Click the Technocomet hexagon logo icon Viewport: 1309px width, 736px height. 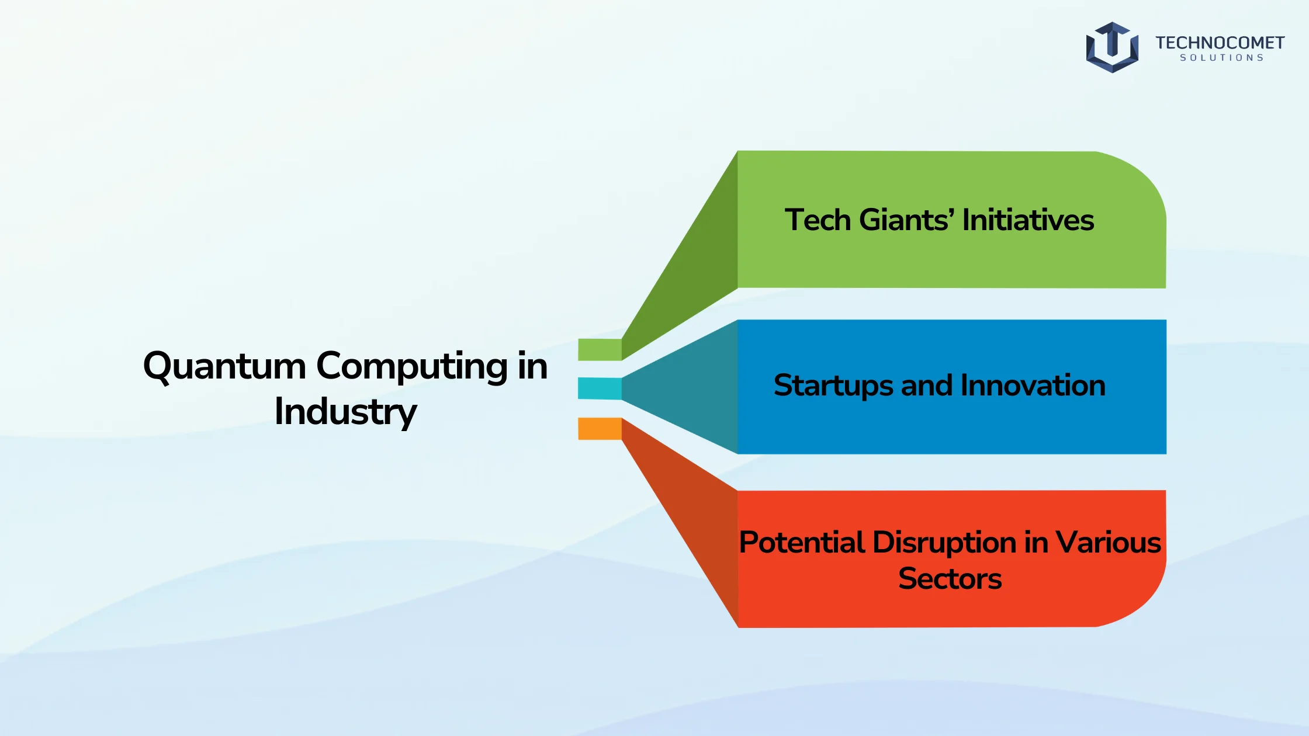pyautogui.click(x=1112, y=47)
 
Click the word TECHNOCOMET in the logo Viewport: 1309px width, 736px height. pyautogui.click(x=1220, y=43)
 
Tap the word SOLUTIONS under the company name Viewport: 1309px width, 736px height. pyautogui.click(x=1222, y=58)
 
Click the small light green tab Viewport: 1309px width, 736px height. pyautogui.click(x=600, y=349)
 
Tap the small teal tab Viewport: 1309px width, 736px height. pyautogui.click(x=600, y=388)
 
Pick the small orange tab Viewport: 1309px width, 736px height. pyautogui.click(x=600, y=429)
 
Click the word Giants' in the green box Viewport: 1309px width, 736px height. pyautogui.click(x=908, y=220)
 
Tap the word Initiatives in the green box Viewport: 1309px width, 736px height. pyautogui.click(x=1028, y=220)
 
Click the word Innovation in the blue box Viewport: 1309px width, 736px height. pyautogui.click(x=1033, y=386)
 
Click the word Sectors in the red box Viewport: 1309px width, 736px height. pyautogui.click(x=950, y=579)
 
